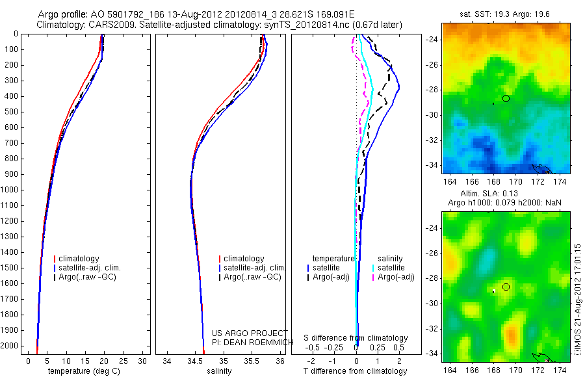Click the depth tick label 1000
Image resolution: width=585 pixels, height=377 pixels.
(x=10, y=190)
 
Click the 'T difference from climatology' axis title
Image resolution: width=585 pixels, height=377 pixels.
(x=355, y=371)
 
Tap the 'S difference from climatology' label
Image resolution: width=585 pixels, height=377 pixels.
(x=356, y=338)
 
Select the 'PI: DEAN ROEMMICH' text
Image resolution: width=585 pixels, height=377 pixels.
(x=244, y=341)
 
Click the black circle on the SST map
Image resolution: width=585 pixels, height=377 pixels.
(x=506, y=98)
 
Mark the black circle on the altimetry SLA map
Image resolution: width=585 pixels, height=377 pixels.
(x=506, y=287)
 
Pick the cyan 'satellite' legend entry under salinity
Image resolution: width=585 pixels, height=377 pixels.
(x=392, y=268)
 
